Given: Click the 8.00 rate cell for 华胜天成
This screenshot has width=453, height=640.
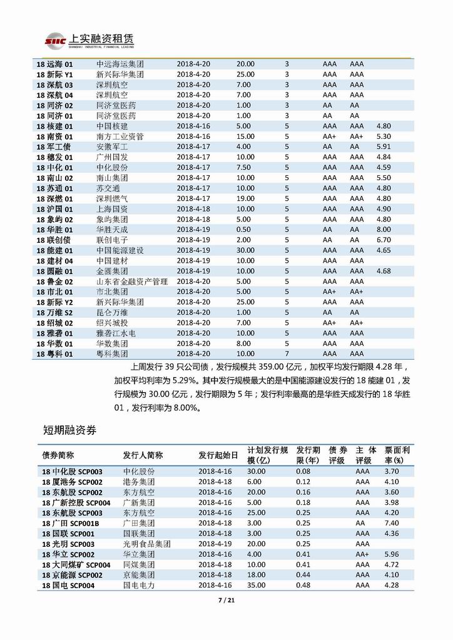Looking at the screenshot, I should pos(384,230).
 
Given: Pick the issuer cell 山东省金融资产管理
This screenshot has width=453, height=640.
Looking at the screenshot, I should pos(132,282).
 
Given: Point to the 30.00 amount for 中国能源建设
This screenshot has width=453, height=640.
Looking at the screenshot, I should pos(245,250).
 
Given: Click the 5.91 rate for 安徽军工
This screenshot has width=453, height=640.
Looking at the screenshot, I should pos(384,147).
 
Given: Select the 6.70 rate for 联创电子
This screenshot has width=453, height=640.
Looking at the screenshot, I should pos(384,240).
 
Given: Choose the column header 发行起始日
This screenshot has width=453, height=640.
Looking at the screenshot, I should pos(218,455).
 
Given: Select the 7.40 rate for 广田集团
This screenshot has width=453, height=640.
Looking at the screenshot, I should pos(392,523).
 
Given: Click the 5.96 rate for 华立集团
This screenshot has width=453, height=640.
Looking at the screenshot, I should pos(392,554).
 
